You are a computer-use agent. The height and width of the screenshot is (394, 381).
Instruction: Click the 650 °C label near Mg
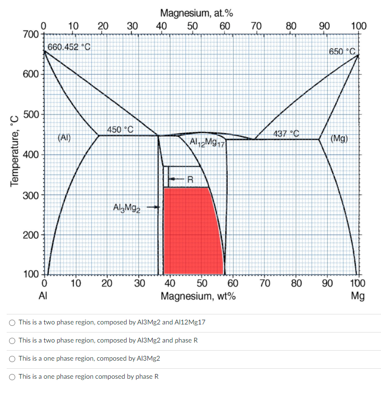click(x=342, y=51)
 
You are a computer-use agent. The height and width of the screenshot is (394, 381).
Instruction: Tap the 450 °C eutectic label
click(x=120, y=130)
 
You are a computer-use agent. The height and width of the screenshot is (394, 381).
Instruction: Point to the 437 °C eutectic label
click(x=286, y=133)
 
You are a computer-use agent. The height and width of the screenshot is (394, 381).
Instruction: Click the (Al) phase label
click(x=64, y=139)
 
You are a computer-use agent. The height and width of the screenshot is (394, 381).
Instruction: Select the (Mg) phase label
click(x=339, y=139)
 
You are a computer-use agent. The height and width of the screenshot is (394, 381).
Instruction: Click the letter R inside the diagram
click(x=191, y=180)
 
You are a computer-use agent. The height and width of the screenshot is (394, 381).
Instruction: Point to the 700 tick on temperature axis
click(x=31, y=34)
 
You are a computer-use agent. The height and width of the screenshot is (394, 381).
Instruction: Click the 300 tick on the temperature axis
click(x=31, y=195)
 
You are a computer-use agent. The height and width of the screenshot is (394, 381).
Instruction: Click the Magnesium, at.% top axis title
click(x=196, y=13)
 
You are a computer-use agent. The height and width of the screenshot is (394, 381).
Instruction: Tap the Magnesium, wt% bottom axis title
click(x=198, y=296)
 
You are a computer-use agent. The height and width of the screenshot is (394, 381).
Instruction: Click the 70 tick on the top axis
click(x=256, y=25)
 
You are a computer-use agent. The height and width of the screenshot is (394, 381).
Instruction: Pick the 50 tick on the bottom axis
click(x=201, y=284)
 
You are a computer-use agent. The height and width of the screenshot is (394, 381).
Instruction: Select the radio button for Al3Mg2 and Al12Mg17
click(x=12, y=322)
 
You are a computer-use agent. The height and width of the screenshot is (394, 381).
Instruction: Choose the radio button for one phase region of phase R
click(x=12, y=376)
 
